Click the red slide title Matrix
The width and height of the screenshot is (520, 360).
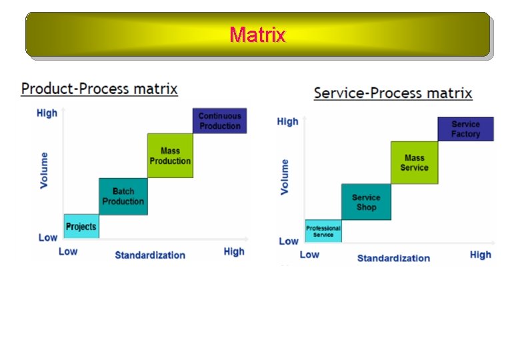tap(257, 34)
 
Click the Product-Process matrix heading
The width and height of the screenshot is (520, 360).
tap(99, 88)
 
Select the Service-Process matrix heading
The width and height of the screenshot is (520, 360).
tap(393, 93)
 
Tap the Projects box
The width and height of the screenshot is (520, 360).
tap(81, 227)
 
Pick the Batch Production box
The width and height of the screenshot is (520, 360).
tap(123, 196)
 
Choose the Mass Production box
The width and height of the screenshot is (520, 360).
tap(170, 155)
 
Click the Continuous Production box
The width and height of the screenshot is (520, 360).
tap(219, 121)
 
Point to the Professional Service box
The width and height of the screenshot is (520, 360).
tap(323, 231)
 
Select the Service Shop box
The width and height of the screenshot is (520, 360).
tap(366, 202)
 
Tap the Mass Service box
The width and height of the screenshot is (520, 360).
tap(414, 163)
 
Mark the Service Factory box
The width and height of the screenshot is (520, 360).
tap(465, 129)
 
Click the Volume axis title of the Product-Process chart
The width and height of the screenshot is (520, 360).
tap(45, 170)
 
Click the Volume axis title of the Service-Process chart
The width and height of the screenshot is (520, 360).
tap(285, 176)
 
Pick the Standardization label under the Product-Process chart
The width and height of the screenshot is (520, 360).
tap(150, 255)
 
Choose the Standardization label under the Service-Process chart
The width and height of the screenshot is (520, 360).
tap(393, 258)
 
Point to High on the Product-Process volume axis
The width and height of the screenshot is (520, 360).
tap(47, 113)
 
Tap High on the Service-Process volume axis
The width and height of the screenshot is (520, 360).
tap(287, 121)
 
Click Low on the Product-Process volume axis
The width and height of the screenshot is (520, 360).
tap(47, 237)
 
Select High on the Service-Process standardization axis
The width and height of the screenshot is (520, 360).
tap(480, 255)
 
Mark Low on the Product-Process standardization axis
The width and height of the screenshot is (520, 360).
tap(68, 251)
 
